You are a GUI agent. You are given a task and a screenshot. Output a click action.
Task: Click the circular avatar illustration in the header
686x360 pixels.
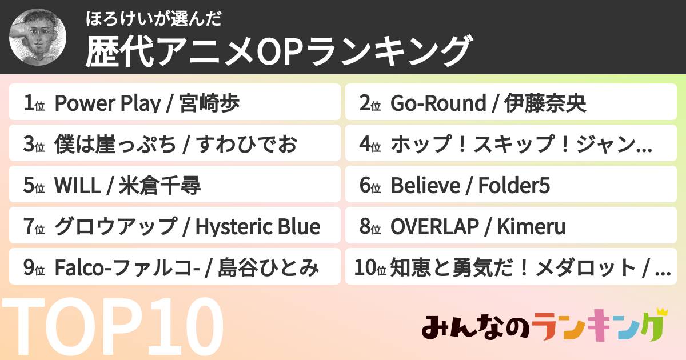38,37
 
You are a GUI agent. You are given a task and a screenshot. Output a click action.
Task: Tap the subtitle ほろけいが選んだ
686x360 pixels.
153,19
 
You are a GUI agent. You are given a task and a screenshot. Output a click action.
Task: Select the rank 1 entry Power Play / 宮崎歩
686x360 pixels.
175,103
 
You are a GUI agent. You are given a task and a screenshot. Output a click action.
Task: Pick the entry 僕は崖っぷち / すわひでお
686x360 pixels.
175,145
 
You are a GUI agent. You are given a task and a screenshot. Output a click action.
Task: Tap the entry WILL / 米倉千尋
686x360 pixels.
175,186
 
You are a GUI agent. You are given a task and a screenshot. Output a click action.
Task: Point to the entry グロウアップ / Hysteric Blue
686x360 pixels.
175,227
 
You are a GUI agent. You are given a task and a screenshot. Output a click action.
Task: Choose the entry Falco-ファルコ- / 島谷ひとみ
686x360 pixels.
175,268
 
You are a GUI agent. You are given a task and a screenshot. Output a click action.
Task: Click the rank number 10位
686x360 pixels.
370,268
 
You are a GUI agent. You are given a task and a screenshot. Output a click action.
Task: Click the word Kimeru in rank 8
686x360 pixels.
531,227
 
